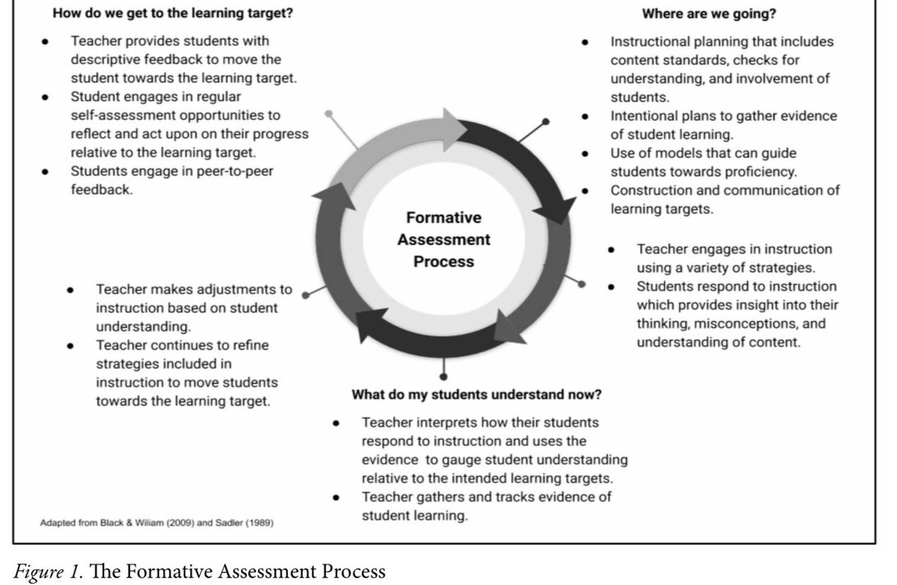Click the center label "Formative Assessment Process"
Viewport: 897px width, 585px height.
[x=444, y=240]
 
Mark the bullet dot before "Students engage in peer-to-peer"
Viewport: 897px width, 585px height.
[x=46, y=171]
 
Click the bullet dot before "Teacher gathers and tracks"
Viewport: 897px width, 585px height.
[x=337, y=497]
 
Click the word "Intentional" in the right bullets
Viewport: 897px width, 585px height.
[x=644, y=116]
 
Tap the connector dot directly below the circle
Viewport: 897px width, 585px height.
[x=444, y=376]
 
